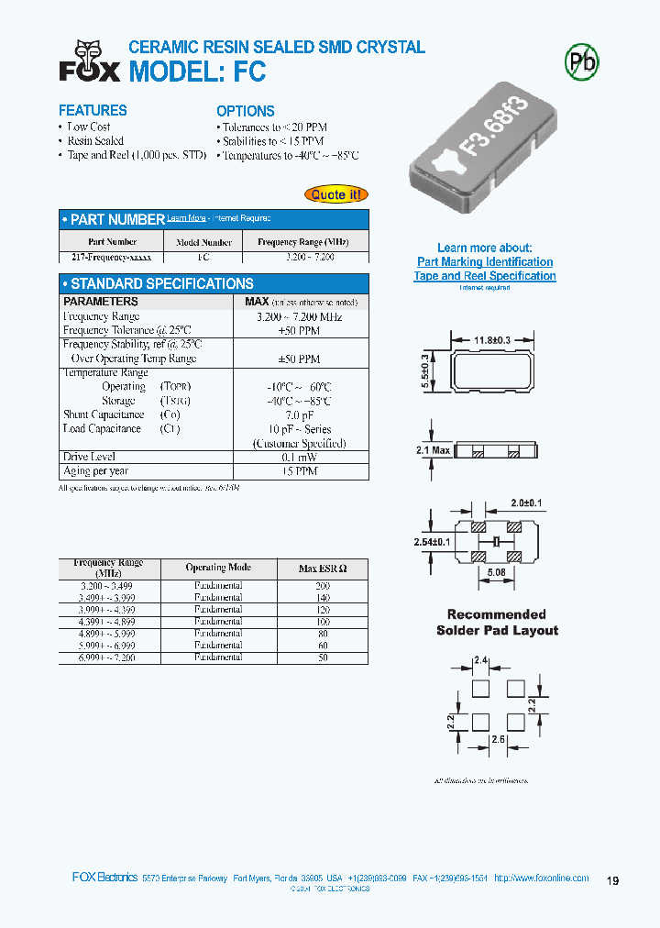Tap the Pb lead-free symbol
pos(581,62)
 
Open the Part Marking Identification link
pos(485,262)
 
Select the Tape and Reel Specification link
pos(485,276)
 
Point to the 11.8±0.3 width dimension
pos(492,341)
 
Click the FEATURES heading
pos(93,110)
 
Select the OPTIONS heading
pos(246,111)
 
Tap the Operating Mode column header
pos(218,568)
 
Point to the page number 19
pos(613,881)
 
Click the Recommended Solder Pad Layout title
pos(496,623)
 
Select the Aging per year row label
pos(95,471)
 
